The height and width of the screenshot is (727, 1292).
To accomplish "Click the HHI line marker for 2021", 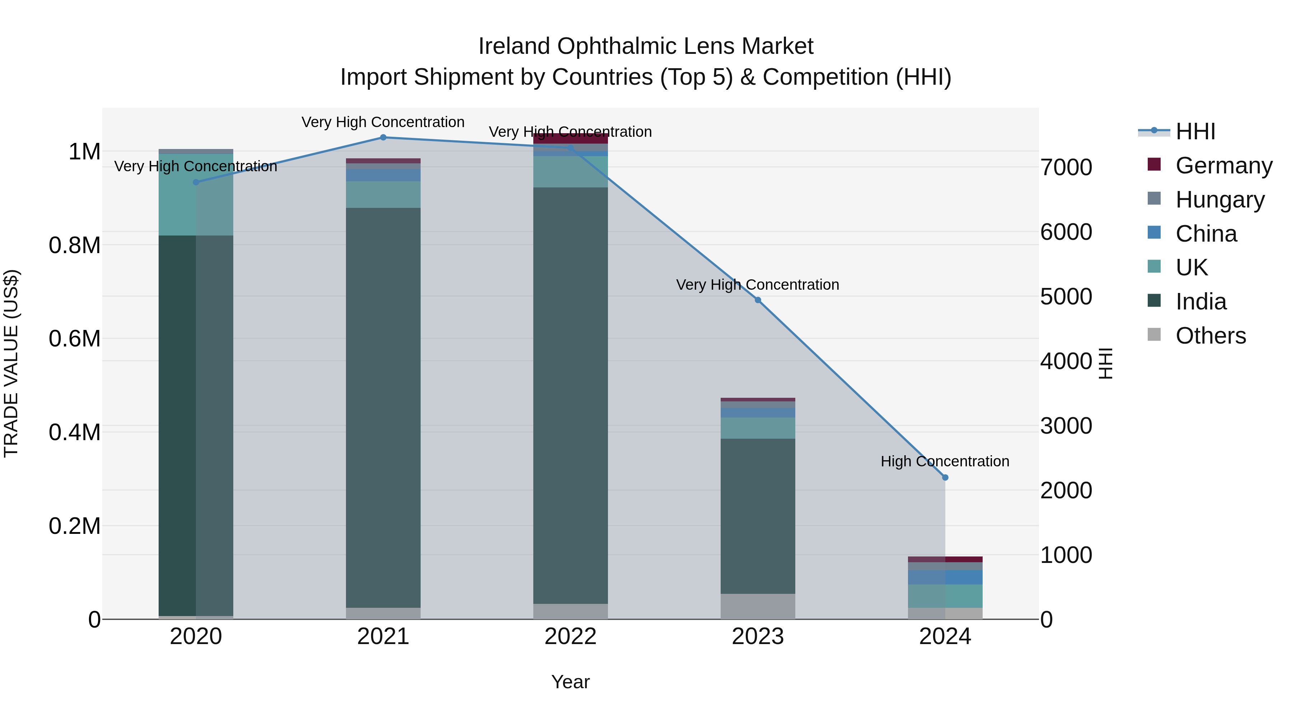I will pos(383,138).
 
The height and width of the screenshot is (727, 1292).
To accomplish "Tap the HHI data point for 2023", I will pos(758,300).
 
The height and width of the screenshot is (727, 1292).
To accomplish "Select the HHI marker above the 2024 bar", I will pos(945,477).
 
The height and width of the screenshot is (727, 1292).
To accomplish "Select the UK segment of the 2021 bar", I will pos(383,195).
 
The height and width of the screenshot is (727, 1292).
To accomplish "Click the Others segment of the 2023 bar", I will pos(758,607).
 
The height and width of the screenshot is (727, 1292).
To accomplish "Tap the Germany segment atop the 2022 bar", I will pos(570,139).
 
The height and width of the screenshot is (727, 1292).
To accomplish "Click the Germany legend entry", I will pos(1224,166).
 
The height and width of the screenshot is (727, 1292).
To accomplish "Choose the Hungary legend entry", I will pos(1220,200).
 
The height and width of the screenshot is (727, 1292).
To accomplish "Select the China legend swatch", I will pos(1154,233).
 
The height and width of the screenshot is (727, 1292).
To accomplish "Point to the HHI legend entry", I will pos(1195,131).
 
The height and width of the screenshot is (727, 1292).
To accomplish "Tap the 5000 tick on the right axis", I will pos(1066,297).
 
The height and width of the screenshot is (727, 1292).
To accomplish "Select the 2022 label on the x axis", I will pos(570,637).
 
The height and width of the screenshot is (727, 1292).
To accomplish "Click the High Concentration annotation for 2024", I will pos(945,461).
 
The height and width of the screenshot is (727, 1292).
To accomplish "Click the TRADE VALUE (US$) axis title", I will pos(11,363).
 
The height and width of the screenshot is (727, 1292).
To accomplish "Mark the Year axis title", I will pos(570,682).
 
